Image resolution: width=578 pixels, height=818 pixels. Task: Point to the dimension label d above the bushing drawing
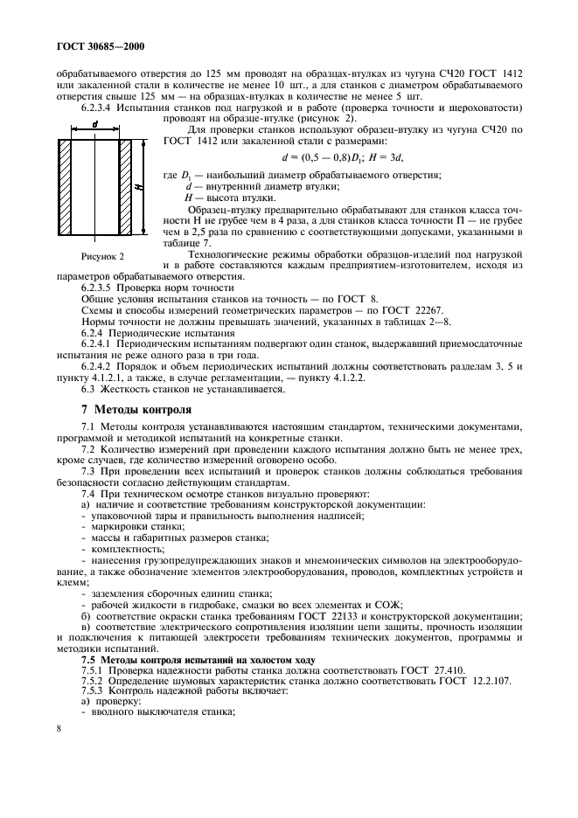point(94,125)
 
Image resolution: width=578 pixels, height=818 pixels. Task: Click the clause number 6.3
point(89,389)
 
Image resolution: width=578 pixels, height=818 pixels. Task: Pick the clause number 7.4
point(89,494)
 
